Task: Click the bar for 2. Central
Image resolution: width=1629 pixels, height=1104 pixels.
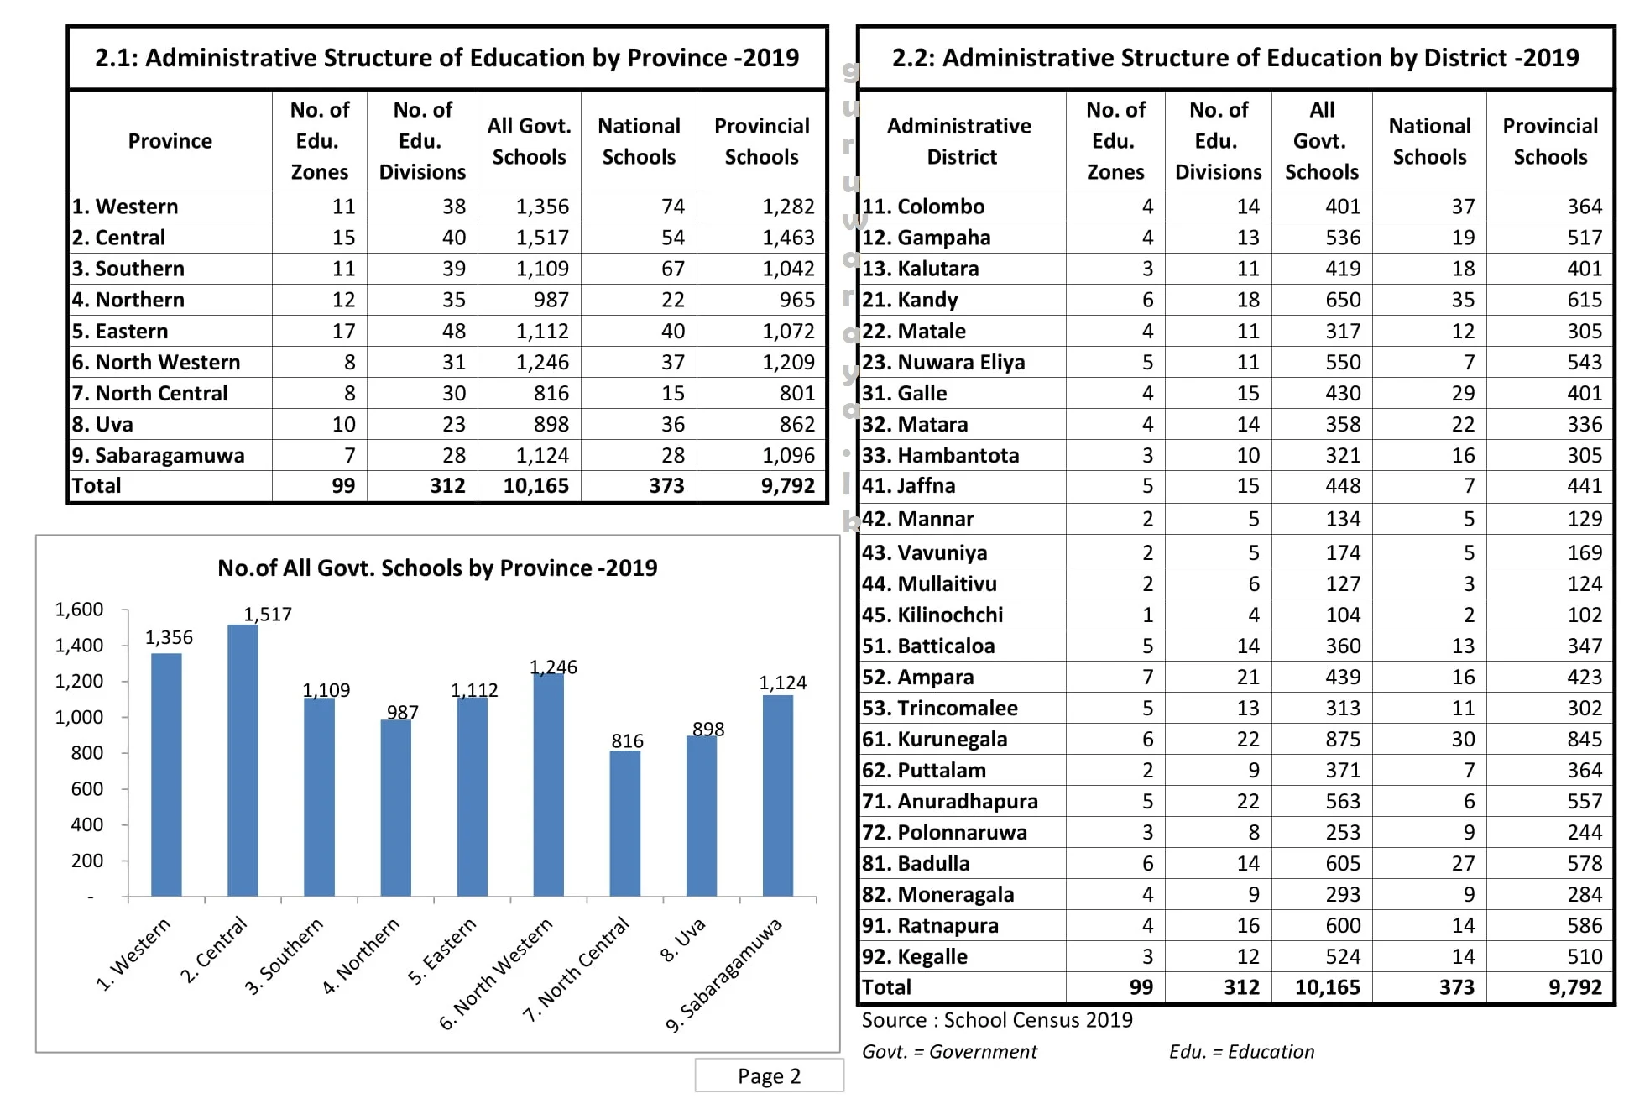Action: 243,760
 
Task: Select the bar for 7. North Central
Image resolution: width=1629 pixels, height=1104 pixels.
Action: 624,823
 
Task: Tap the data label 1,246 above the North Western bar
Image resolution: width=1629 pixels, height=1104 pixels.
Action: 553,667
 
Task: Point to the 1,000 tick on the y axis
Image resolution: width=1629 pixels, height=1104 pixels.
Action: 79,717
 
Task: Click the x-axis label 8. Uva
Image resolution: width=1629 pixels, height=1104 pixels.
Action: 682,940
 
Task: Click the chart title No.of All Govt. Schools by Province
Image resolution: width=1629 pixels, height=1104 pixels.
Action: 437,568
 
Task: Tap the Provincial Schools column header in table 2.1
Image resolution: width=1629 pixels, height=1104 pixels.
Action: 761,141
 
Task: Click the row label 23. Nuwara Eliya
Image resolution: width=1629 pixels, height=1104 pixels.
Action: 943,362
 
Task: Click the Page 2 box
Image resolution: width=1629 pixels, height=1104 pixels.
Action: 769,1075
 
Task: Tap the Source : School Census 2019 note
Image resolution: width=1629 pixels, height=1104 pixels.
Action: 996,1020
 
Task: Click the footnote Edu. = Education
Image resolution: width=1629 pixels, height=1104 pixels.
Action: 1241,1052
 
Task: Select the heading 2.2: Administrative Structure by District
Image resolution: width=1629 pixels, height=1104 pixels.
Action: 1235,58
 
